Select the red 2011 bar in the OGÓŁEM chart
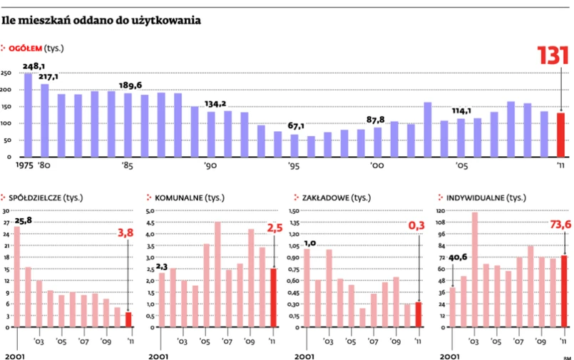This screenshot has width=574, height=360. [560, 135]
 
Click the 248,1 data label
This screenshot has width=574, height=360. [34, 66]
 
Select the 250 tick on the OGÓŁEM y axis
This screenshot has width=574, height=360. [6, 73]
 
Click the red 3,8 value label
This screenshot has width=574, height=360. [126, 231]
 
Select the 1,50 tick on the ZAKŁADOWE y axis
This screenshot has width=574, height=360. [293, 212]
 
